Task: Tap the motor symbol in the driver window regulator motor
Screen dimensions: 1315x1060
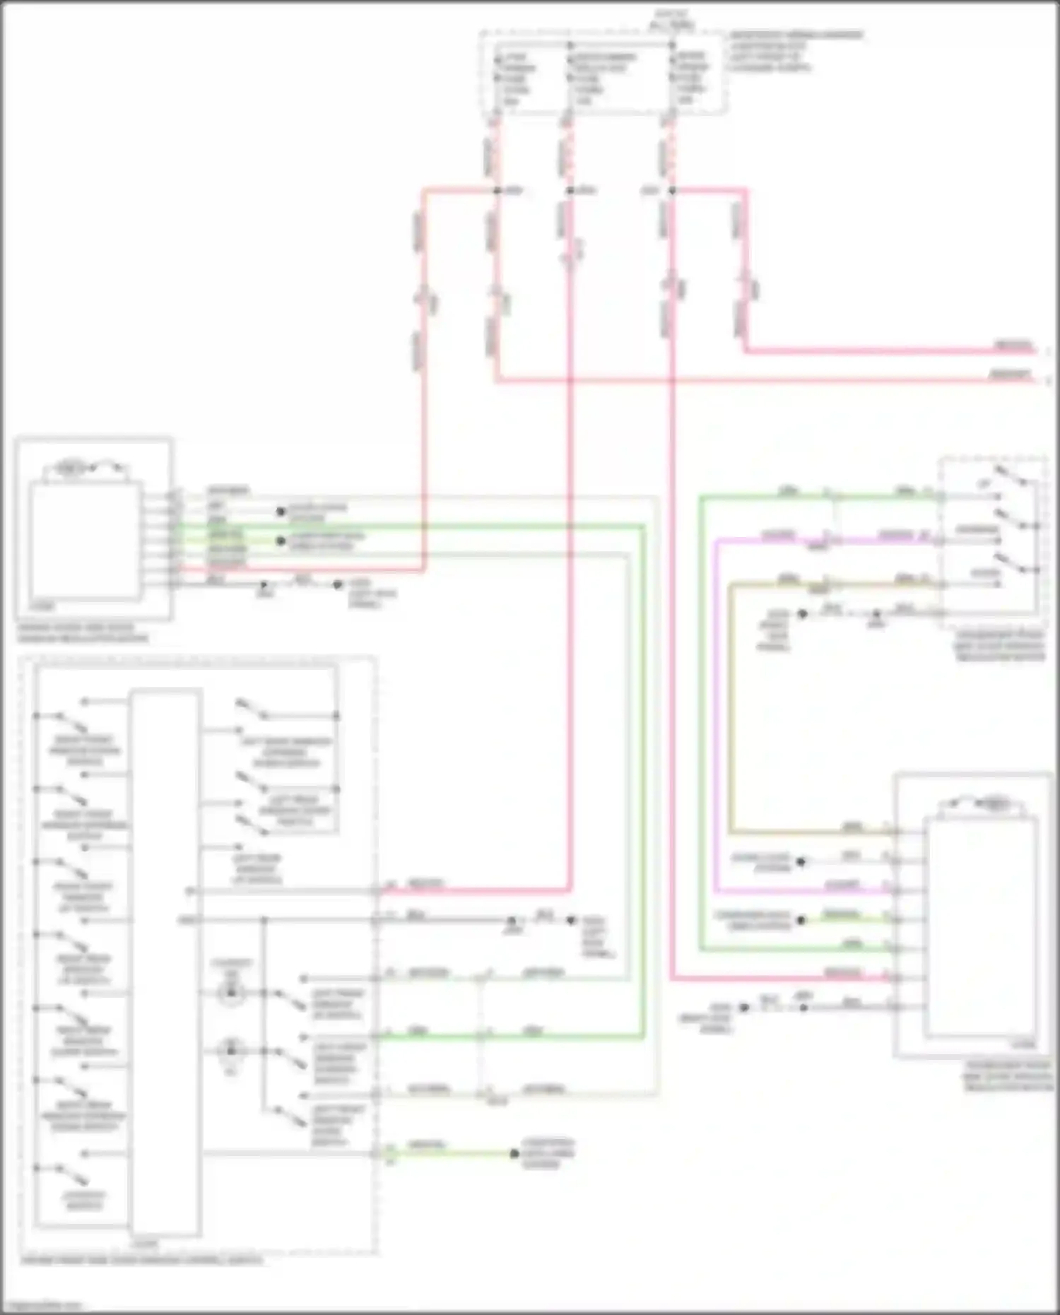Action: (x=71, y=468)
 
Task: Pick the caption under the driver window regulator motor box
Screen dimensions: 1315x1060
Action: (x=83, y=632)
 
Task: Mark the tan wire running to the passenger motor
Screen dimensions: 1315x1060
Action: (x=731, y=707)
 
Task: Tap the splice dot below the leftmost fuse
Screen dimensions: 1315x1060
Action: (x=497, y=191)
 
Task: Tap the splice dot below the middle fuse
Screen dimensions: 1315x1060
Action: (x=570, y=191)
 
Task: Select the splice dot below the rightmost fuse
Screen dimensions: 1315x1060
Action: (x=671, y=191)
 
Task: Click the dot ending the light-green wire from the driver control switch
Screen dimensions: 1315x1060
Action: (x=515, y=1154)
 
